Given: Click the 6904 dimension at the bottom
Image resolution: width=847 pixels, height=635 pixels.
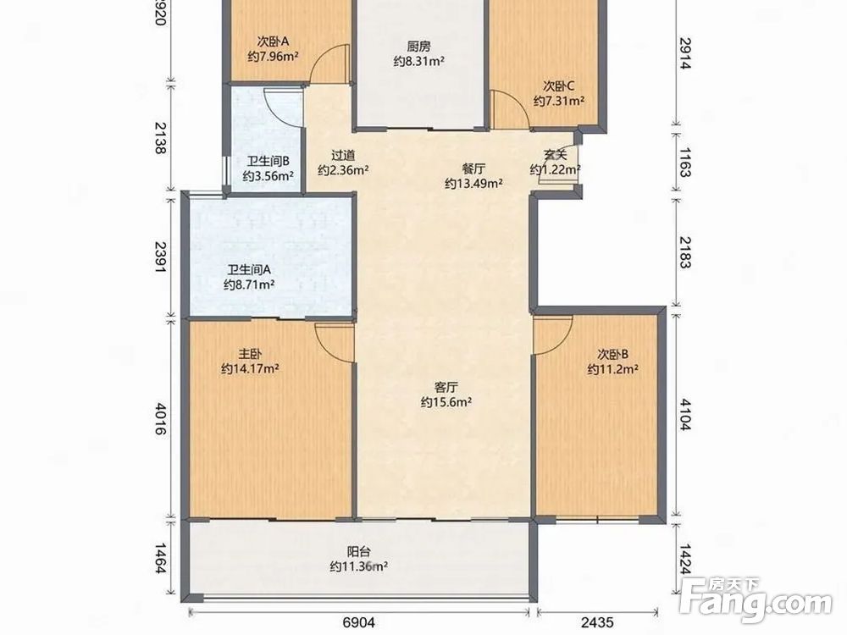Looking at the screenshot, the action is pos(358,622).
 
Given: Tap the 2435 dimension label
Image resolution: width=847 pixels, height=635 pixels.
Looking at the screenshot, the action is pos(597,622).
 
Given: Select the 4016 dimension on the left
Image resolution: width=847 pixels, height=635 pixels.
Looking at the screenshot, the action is pos(160,418).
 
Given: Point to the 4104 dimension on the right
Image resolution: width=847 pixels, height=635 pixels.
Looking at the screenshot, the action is pos(685,414).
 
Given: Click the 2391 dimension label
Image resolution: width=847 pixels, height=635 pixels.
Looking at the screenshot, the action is pos(160,257).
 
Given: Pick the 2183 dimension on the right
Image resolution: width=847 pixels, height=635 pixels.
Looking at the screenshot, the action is pos(685,252).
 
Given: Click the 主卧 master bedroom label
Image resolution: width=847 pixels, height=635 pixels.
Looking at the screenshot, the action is pos(250,354).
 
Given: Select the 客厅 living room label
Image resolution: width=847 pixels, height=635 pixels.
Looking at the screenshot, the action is pos(446,387).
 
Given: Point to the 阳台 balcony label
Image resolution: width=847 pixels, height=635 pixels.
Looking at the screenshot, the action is pos(358,552).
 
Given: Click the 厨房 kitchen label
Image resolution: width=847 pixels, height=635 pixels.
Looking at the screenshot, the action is pos(418,47).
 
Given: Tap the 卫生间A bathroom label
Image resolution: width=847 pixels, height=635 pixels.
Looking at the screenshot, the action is pos(249,269).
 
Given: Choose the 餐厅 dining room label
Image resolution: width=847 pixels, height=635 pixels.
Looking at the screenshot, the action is pos(473,168).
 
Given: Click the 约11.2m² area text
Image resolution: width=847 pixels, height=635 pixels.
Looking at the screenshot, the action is pos(613,369).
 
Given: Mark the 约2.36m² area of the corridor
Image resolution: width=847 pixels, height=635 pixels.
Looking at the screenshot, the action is pos(343,170).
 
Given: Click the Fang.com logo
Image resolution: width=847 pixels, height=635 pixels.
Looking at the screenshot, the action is pos(756,599).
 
